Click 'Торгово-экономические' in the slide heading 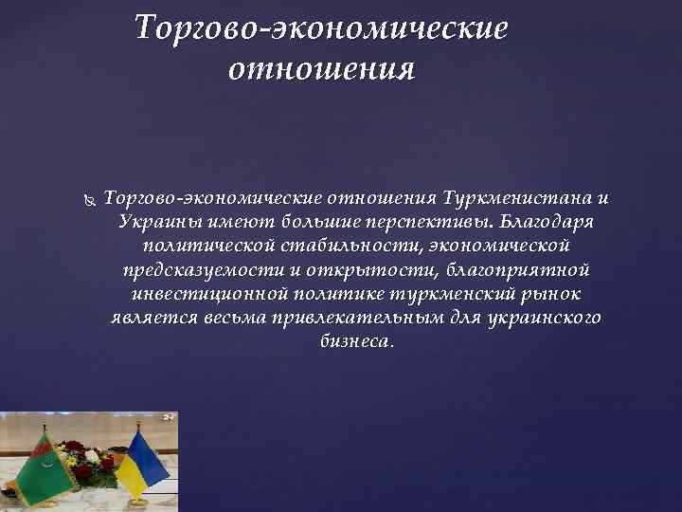(x=321, y=28)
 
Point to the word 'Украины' (x=153, y=222)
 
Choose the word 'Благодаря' (x=547, y=222)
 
